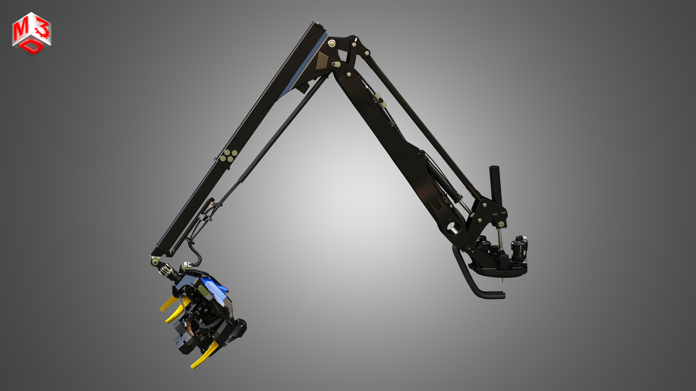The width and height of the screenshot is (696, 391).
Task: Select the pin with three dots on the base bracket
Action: click(501, 224)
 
